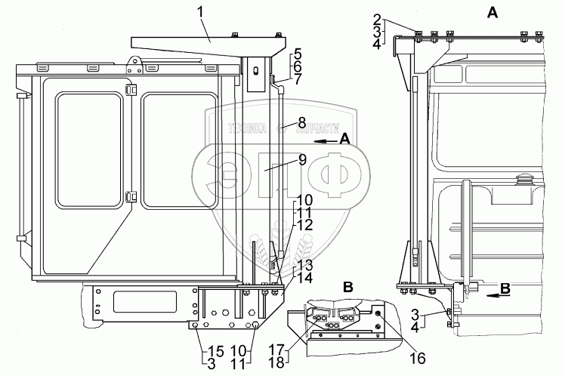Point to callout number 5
pos(298,54)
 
